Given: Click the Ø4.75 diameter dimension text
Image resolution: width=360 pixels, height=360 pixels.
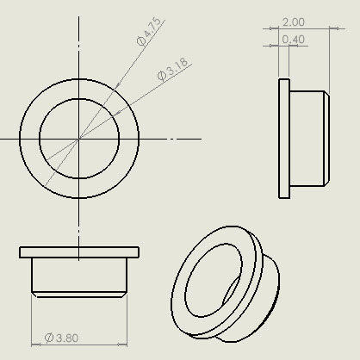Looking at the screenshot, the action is [149, 32].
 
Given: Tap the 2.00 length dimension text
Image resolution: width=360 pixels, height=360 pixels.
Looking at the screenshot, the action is [293, 22].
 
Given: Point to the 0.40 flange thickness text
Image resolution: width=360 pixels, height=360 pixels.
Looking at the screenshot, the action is [293, 40].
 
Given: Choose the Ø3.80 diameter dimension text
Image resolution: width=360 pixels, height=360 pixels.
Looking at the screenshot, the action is [61, 338].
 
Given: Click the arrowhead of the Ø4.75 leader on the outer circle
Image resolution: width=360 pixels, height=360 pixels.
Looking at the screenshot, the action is [117, 86].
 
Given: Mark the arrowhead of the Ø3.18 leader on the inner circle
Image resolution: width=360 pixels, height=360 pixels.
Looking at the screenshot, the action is [117, 113].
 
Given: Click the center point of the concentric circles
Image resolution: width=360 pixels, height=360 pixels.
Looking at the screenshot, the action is [79, 139].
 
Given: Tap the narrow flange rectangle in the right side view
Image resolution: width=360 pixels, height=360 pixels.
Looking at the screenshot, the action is [284, 139].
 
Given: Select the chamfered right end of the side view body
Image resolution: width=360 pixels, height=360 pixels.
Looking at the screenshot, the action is [326, 139].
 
